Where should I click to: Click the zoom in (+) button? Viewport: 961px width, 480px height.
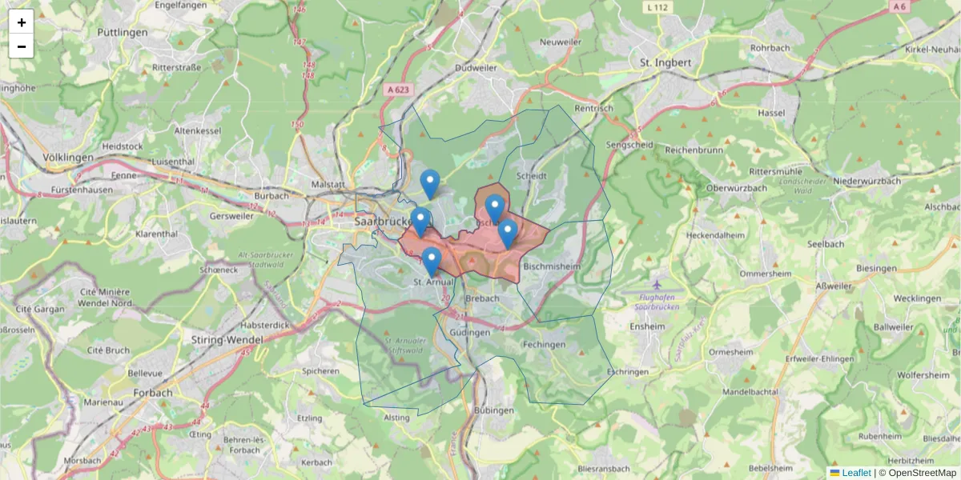22,22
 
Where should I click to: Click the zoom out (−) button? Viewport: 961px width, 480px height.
22,46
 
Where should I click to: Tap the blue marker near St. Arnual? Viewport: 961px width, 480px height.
432,262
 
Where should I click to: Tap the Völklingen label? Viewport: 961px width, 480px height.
68,158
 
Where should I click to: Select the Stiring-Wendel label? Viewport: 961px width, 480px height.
223,340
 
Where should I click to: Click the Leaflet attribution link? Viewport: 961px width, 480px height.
855,473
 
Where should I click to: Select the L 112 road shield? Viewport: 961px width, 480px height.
655,7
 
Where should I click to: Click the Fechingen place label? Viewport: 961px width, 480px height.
544,345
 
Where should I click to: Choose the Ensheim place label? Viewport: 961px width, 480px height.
648,326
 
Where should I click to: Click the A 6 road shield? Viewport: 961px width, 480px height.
901,6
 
